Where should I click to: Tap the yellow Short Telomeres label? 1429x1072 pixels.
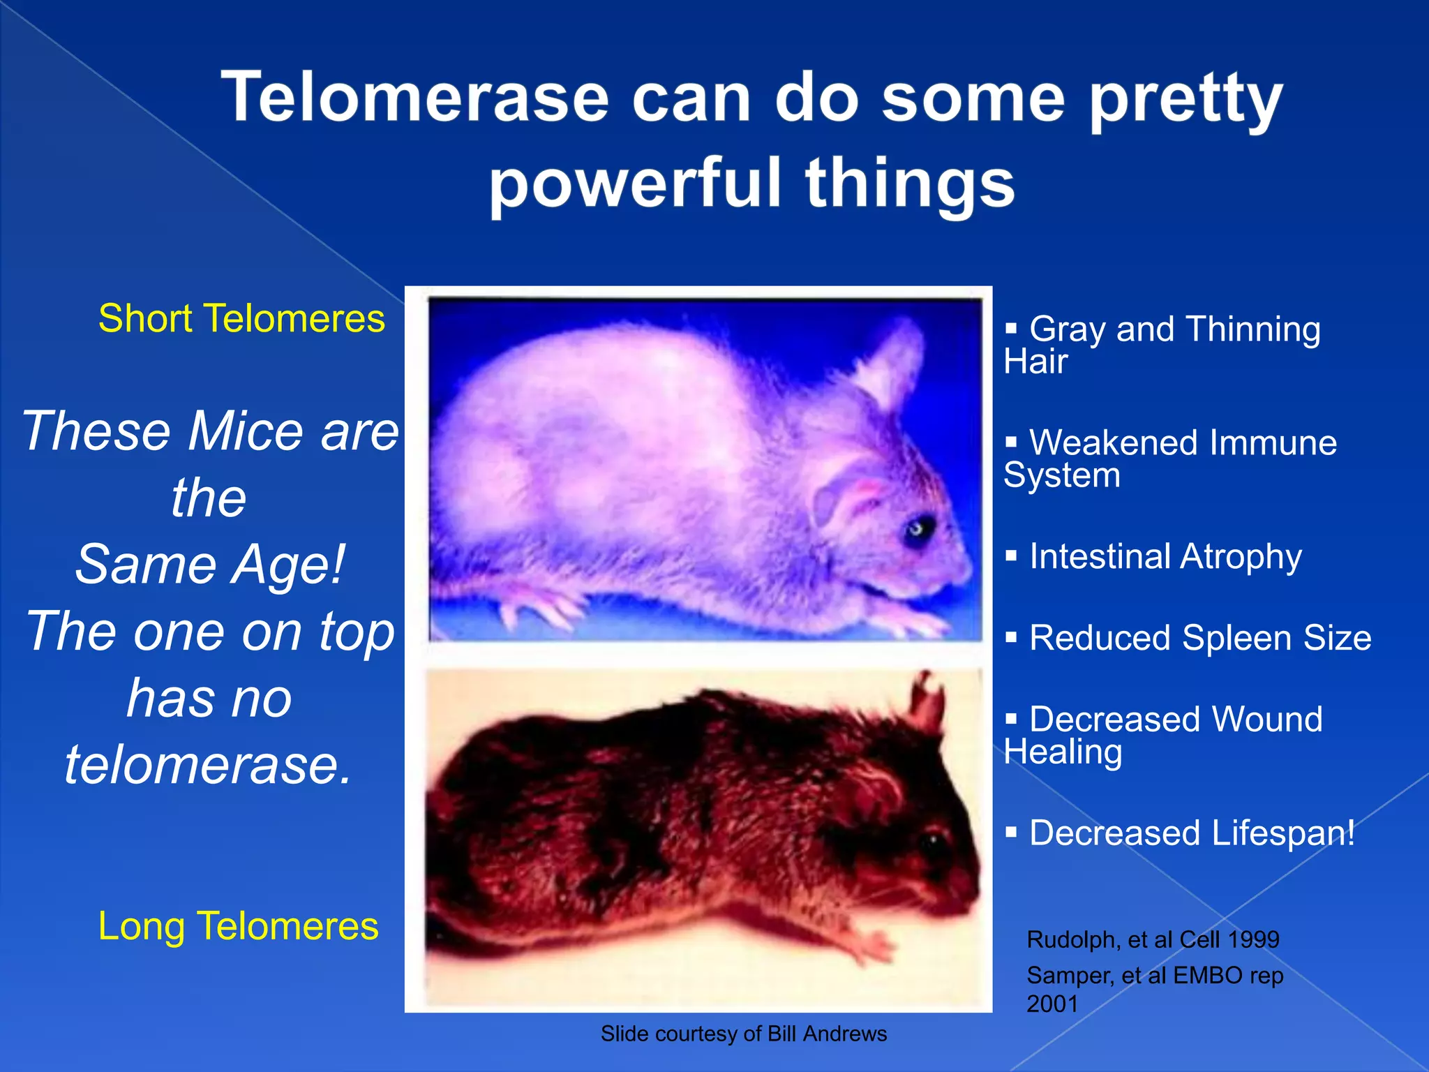tap(241, 319)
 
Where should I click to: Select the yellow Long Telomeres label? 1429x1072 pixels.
tap(238, 926)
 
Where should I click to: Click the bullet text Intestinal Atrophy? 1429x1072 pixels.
tap(1165, 557)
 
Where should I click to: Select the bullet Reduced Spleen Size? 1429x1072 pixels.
tap(1200, 638)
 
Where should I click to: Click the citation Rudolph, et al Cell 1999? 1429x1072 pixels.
tap(1153, 939)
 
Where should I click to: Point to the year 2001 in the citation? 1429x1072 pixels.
tap(1052, 1004)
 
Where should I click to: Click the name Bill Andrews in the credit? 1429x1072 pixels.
tap(827, 1034)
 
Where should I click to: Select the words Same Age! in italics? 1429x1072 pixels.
tap(210, 564)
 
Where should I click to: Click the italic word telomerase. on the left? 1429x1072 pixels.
tap(209, 765)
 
